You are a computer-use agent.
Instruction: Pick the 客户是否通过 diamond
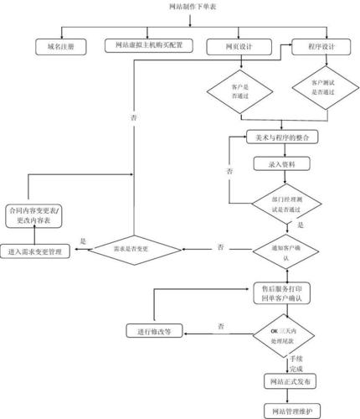click(x=240, y=90)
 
